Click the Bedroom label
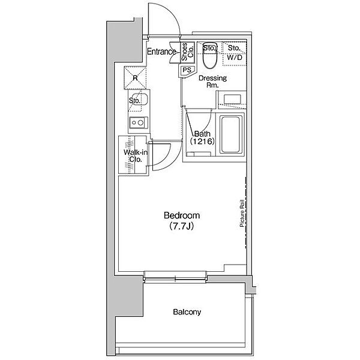(x=182, y=215)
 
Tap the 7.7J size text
(x=181, y=227)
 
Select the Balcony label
(x=187, y=312)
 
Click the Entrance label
(x=161, y=52)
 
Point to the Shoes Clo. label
(x=187, y=52)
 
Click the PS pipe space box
(x=187, y=70)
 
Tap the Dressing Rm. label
(x=212, y=81)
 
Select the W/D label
(x=235, y=58)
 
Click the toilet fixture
(x=210, y=55)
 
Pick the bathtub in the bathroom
(x=231, y=134)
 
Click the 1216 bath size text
(x=202, y=141)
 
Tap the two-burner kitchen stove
(x=138, y=122)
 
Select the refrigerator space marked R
(x=135, y=78)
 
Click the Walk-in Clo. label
(x=136, y=155)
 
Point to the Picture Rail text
(x=242, y=213)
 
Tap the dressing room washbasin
(x=232, y=100)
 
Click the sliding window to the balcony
(x=175, y=279)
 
